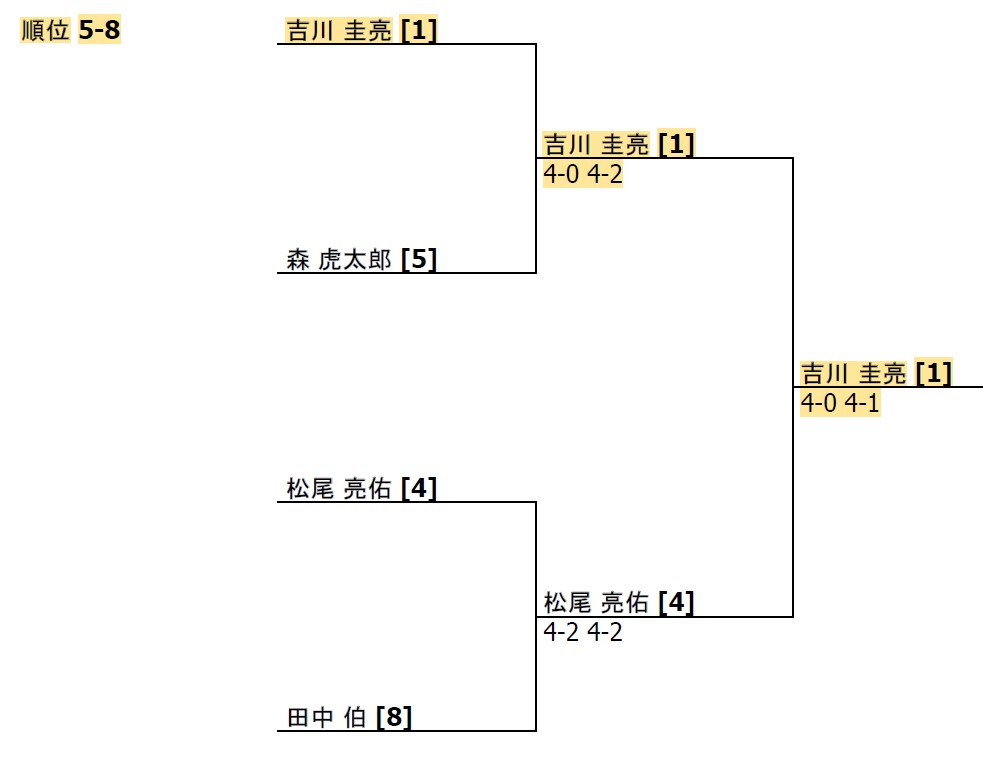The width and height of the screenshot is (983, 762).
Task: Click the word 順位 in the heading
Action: [x=46, y=31]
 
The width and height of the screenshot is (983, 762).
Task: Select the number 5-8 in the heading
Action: [x=99, y=31]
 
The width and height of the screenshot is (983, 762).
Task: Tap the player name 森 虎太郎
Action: [x=339, y=260]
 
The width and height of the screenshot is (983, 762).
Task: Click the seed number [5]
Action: [x=419, y=260]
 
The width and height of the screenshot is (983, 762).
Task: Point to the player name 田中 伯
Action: [x=326, y=718]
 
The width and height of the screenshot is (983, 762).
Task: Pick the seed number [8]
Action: [x=394, y=718]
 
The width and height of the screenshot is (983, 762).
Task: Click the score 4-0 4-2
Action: [x=583, y=175]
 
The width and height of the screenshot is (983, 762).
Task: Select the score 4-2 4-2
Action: [x=583, y=633]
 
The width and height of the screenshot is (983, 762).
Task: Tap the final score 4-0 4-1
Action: [x=840, y=404]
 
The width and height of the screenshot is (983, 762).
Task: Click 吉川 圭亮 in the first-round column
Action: [x=339, y=31]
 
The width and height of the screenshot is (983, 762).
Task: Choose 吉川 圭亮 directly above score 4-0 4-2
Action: [x=596, y=145]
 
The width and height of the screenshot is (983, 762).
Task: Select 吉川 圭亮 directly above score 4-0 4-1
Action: [x=853, y=374]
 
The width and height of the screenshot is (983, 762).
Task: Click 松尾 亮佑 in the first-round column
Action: [x=339, y=489]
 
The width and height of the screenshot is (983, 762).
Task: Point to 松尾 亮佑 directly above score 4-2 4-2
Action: [x=596, y=603]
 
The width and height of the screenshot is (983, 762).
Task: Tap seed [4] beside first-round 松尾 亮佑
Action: [x=419, y=489]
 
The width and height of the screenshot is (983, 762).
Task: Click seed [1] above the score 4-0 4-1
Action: [x=933, y=374]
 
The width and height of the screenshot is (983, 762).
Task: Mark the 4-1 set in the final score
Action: [x=862, y=404]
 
